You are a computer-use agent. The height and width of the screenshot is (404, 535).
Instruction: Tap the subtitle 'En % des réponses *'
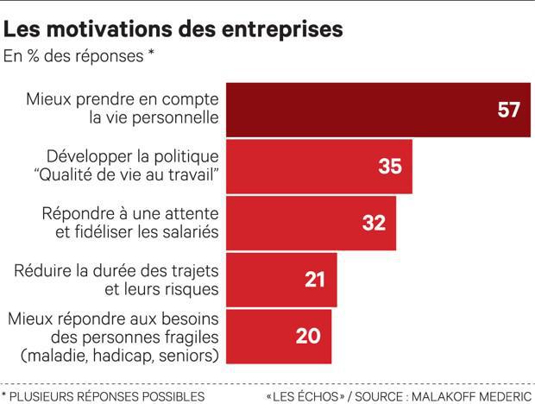79,57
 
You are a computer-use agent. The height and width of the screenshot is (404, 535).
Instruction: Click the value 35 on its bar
390,167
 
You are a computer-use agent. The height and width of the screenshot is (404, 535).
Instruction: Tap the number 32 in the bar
374,223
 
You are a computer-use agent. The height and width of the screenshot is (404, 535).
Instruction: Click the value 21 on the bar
315,280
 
